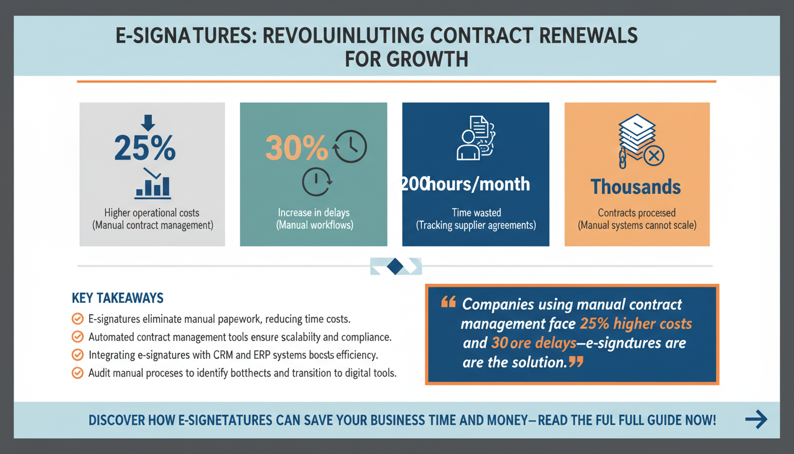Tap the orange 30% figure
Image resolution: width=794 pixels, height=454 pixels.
point(297,149)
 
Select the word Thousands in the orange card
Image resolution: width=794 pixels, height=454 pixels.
point(636,187)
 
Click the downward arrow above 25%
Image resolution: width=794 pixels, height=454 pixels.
point(148,122)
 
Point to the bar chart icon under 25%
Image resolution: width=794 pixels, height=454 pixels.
point(152,184)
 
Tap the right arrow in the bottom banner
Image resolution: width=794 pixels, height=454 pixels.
point(756,420)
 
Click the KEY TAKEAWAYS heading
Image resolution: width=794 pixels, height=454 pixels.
point(118,297)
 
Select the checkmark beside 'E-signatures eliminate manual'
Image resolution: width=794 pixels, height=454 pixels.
point(77,319)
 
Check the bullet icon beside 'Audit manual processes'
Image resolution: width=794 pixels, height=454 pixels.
point(77,373)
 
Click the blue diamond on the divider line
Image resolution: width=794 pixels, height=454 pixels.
point(396,267)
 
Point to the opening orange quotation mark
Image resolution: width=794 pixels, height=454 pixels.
point(448,303)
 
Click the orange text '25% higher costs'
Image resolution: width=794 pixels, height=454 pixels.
point(636,324)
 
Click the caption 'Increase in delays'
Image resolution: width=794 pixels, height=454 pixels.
point(314,213)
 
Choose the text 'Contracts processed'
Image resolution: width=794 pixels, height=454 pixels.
point(636,213)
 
